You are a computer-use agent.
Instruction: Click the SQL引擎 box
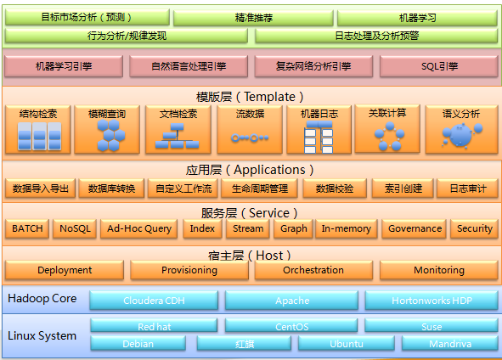tap(439, 66)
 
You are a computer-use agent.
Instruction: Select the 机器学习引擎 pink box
tap(64, 66)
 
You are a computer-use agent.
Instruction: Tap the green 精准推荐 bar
tap(253, 18)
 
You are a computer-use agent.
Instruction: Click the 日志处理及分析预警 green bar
tap(376, 36)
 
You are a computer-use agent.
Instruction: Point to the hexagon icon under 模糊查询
tap(110, 135)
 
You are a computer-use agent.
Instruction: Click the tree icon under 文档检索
tap(177, 136)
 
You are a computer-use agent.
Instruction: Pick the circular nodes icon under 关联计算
tap(389, 137)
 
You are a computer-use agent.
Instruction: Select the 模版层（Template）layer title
tap(250, 97)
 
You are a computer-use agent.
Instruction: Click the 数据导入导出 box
tap(40, 188)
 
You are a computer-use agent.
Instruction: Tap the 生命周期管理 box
tap(260, 188)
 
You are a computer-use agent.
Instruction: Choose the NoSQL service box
tap(75, 228)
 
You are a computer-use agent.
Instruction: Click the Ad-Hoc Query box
tap(139, 228)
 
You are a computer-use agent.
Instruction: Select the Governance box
tap(415, 228)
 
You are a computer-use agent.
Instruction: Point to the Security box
tap(475, 228)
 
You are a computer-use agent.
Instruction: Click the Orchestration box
tap(313, 270)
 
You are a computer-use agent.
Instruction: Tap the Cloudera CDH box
tap(154, 301)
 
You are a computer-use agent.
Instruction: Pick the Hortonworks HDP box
tap(431, 301)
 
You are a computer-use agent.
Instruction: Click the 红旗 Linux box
tap(245, 344)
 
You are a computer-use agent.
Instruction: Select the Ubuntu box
tap(347, 344)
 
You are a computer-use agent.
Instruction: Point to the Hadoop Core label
tap(42, 299)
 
